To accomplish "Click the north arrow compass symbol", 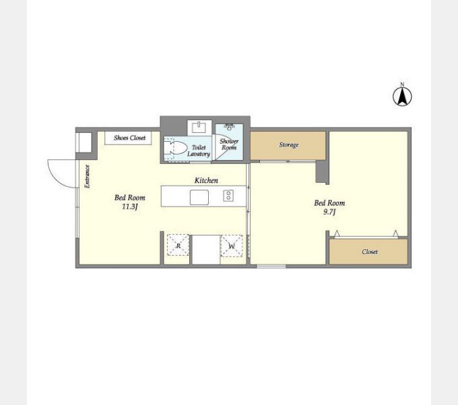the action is pos(402,95).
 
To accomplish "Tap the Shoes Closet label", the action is pos(129,138).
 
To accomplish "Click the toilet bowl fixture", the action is pos(175,148).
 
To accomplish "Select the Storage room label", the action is pos(288,144).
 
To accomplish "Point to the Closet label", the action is pos(370,252).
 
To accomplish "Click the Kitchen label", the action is pos(206,180).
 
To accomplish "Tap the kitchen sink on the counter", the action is pos(199,197).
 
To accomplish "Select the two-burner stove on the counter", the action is pos(228,196).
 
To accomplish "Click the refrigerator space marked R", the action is pos(178,246).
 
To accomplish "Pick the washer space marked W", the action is pos(232,246).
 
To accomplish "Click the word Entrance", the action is pos(87,176).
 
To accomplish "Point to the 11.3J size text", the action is pos(129,207).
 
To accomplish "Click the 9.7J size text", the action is pos(329,212).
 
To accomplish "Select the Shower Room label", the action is pos(229,144).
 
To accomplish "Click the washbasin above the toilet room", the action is pos(199,128).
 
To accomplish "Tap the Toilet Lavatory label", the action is pos(199,151).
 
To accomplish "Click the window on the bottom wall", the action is pos(271,266).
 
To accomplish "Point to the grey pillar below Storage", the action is pos(322,173).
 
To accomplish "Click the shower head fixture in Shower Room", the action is pos(230,126).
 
